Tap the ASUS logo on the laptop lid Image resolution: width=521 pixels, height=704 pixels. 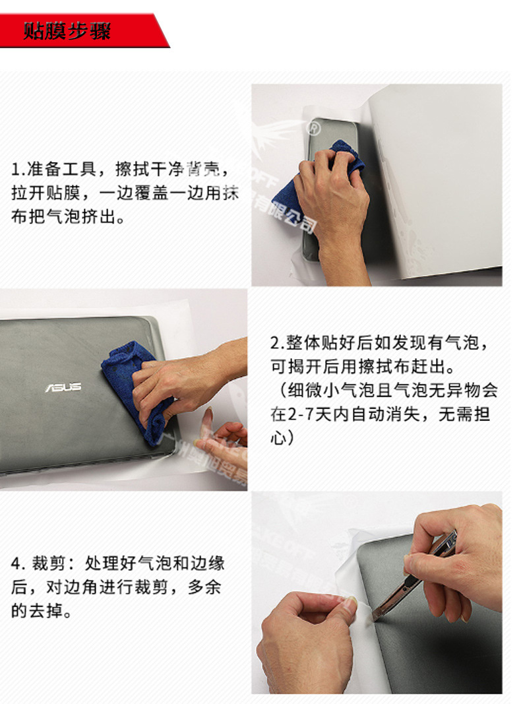coord(63,387)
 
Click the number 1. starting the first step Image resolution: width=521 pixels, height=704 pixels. coord(17,170)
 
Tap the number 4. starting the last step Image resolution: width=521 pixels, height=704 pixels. coord(18,564)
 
